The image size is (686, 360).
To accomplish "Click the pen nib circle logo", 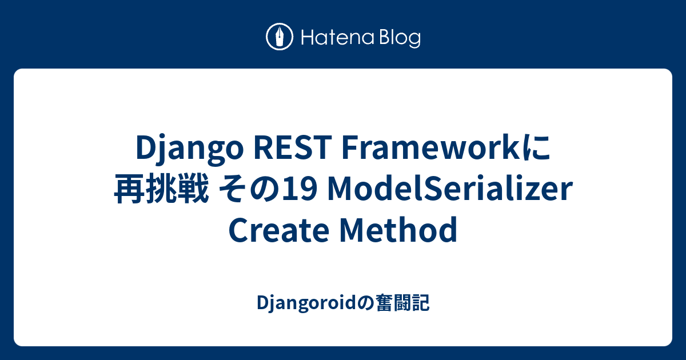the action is tap(280, 37).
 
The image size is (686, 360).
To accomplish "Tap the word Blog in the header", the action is tap(400, 39).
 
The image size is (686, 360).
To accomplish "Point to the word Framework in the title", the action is tap(432, 147).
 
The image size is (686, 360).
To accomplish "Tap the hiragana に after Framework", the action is tap(537, 148).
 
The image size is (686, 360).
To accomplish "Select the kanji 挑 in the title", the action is tap(161, 189).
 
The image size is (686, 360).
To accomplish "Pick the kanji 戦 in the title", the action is tap(193, 189).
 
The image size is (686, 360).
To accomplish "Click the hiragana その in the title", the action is tap(250, 190).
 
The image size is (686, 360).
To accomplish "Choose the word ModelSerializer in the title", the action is tap(450, 189).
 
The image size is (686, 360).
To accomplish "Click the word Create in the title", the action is tap(279, 230).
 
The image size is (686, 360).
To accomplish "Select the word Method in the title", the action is tap(398, 230).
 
